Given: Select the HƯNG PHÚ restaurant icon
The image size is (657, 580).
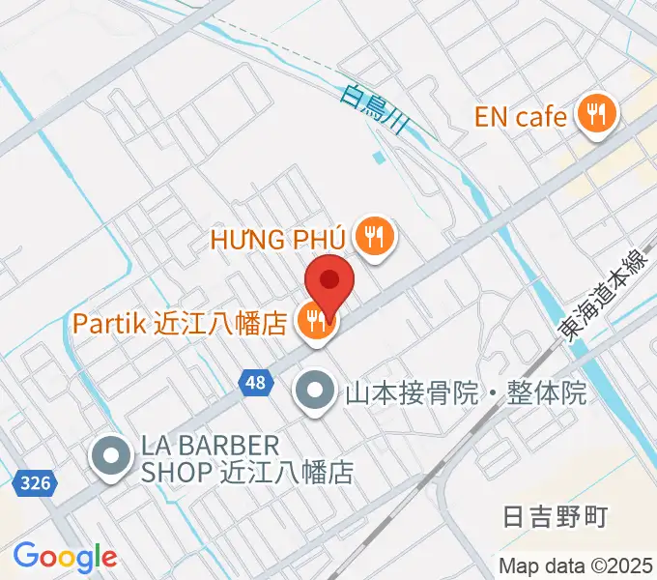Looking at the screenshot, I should click(x=372, y=237).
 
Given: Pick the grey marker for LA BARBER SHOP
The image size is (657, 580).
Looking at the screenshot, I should click(x=112, y=458).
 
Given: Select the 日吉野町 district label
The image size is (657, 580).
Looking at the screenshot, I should click(x=556, y=516).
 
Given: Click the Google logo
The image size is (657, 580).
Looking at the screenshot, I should click(x=65, y=557).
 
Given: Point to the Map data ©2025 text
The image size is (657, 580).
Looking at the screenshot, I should click(x=576, y=565).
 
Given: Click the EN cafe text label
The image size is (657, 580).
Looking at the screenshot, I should click(x=520, y=118).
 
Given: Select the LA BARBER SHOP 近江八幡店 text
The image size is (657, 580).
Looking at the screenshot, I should click(x=246, y=459).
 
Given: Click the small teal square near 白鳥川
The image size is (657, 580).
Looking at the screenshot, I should click(x=379, y=157).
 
